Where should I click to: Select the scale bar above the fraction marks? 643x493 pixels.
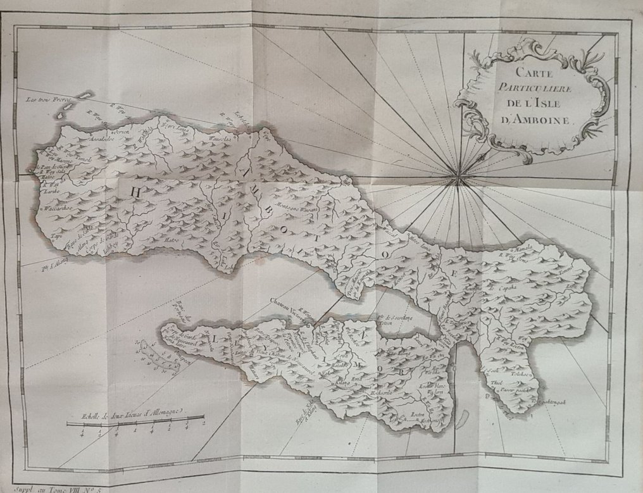[135, 420]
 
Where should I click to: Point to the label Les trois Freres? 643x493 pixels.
[49, 100]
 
